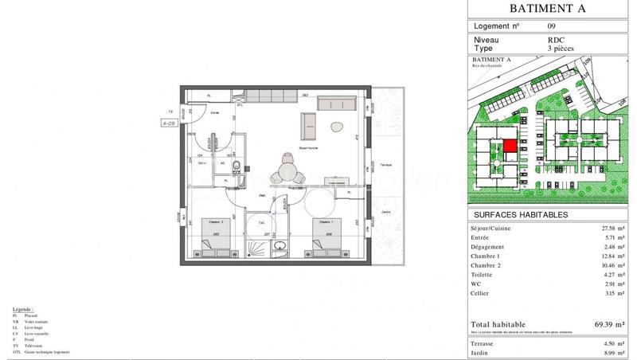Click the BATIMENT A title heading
(x=548, y=10)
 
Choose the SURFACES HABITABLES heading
(x=521, y=215)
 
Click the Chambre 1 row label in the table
(x=487, y=258)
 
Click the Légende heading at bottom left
(x=23, y=307)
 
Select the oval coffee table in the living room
(x=336, y=127)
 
